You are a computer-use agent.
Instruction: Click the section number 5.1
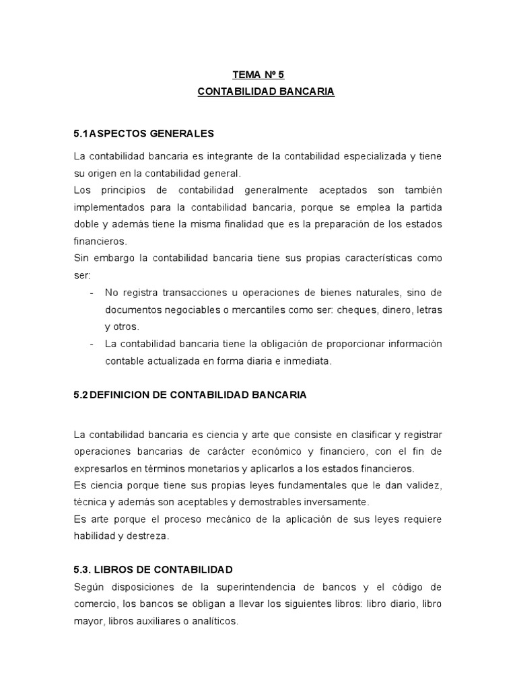81,133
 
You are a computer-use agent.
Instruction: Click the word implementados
110,207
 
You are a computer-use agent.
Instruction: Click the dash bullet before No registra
92,292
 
